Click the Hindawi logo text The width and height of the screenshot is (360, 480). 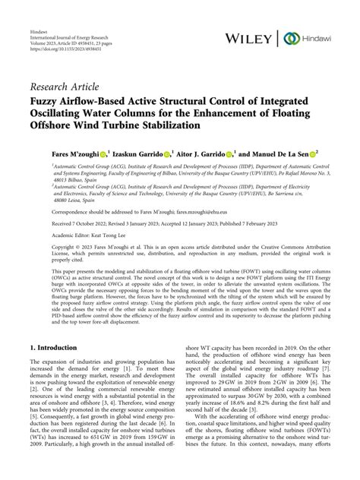(317, 37)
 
